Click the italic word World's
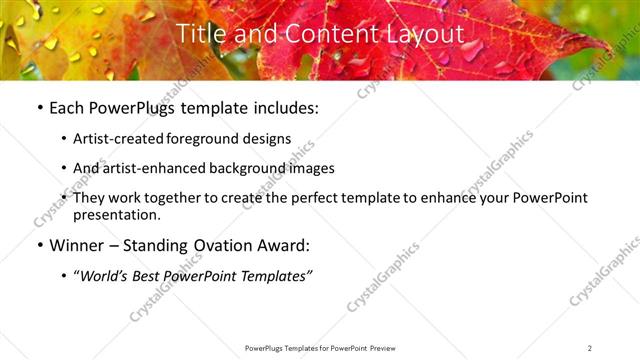point(104,276)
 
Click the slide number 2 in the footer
point(590,348)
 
